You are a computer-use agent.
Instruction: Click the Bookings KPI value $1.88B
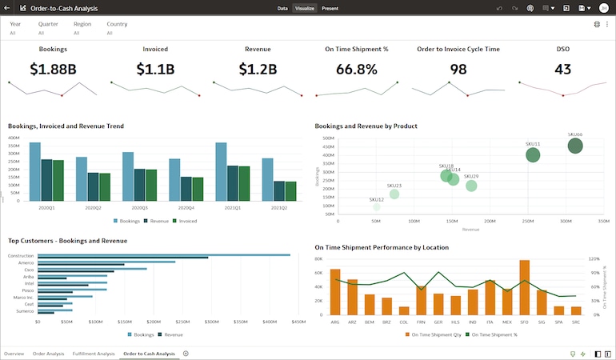pyautogui.click(x=53, y=69)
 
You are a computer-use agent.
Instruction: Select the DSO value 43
pyautogui.click(x=562, y=69)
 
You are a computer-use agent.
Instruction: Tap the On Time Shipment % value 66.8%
pyautogui.click(x=356, y=69)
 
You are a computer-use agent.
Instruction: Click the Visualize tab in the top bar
pyautogui.click(x=304, y=8)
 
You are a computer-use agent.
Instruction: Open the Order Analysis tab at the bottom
pyautogui.click(x=48, y=353)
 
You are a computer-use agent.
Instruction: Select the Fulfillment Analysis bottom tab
pyautogui.click(x=94, y=353)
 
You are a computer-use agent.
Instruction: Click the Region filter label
pyautogui.click(x=82, y=24)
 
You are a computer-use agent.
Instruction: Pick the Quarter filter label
pyautogui.click(x=48, y=24)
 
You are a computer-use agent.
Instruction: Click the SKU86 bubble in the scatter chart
pyautogui.click(x=575, y=146)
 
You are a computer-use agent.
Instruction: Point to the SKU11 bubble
pyautogui.click(x=533, y=155)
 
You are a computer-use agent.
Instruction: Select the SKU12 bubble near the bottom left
pyautogui.click(x=377, y=207)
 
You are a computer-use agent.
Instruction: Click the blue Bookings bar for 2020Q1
pyautogui.click(x=35, y=171)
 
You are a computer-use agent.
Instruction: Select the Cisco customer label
pyautogui.click(x=28, y=270)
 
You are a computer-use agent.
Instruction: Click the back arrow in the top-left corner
pyautogui.click(x=7, y=8)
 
